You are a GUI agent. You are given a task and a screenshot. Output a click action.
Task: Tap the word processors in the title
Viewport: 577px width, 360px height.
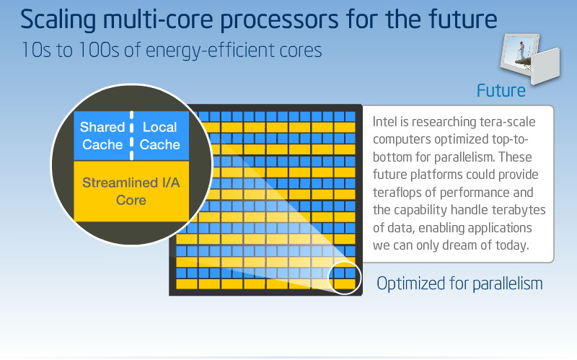[x=279, y=21]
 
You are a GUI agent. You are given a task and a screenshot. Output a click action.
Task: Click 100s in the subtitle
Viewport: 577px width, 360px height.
[x=99, y=50]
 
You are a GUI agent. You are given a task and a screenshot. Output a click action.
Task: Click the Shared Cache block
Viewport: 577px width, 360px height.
[x=102, y=136]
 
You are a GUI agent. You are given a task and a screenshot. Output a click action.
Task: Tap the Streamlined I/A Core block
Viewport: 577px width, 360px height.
[x=131, y=191]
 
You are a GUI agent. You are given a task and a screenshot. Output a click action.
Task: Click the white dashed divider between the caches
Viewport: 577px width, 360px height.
[x=132, y=136]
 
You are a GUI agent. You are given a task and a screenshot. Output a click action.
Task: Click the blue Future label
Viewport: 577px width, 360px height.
[x=501, y=91]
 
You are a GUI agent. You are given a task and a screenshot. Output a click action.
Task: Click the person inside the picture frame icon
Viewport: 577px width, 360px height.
[x=521, y=50]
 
